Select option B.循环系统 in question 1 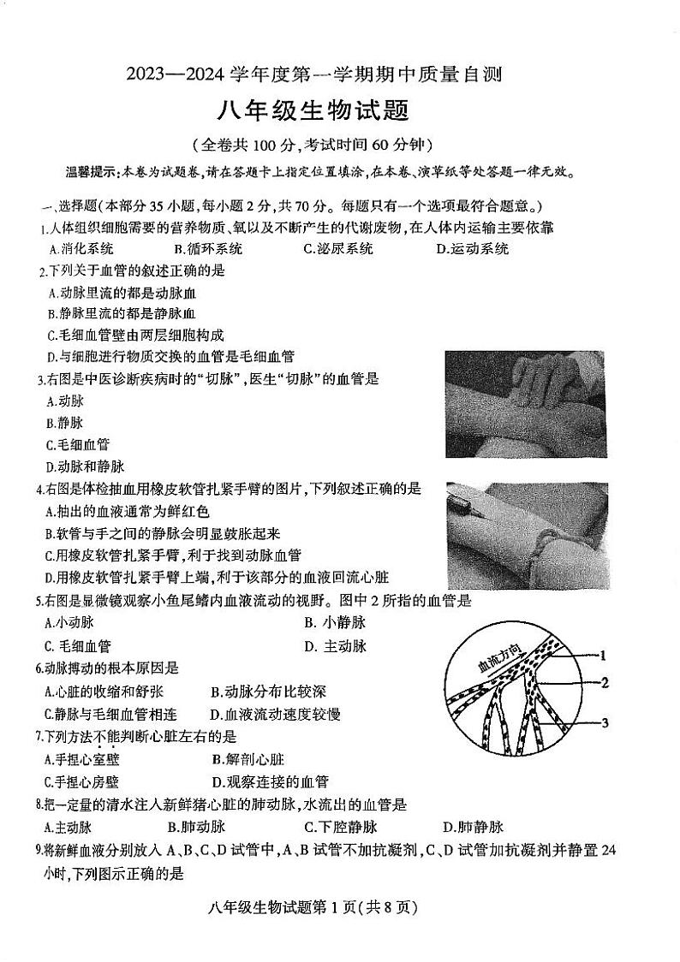(207, 249)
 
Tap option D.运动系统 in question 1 (472, 249)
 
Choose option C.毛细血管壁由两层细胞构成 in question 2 (134, 335)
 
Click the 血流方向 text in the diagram (486, 660)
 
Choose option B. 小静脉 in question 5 (334, 623)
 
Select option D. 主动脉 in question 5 (334, 646)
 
